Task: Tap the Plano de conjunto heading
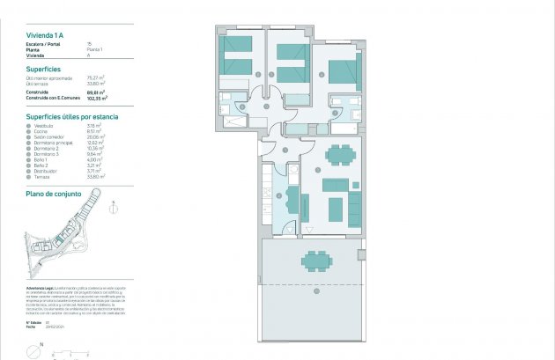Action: click(54, 192)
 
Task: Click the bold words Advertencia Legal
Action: click(41, 289)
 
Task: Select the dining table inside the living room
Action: click(339, 156)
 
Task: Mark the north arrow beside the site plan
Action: click(114, 209)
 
